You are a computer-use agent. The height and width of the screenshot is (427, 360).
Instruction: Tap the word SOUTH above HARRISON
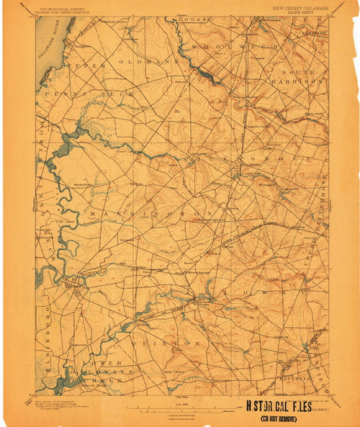pos(296,72)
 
